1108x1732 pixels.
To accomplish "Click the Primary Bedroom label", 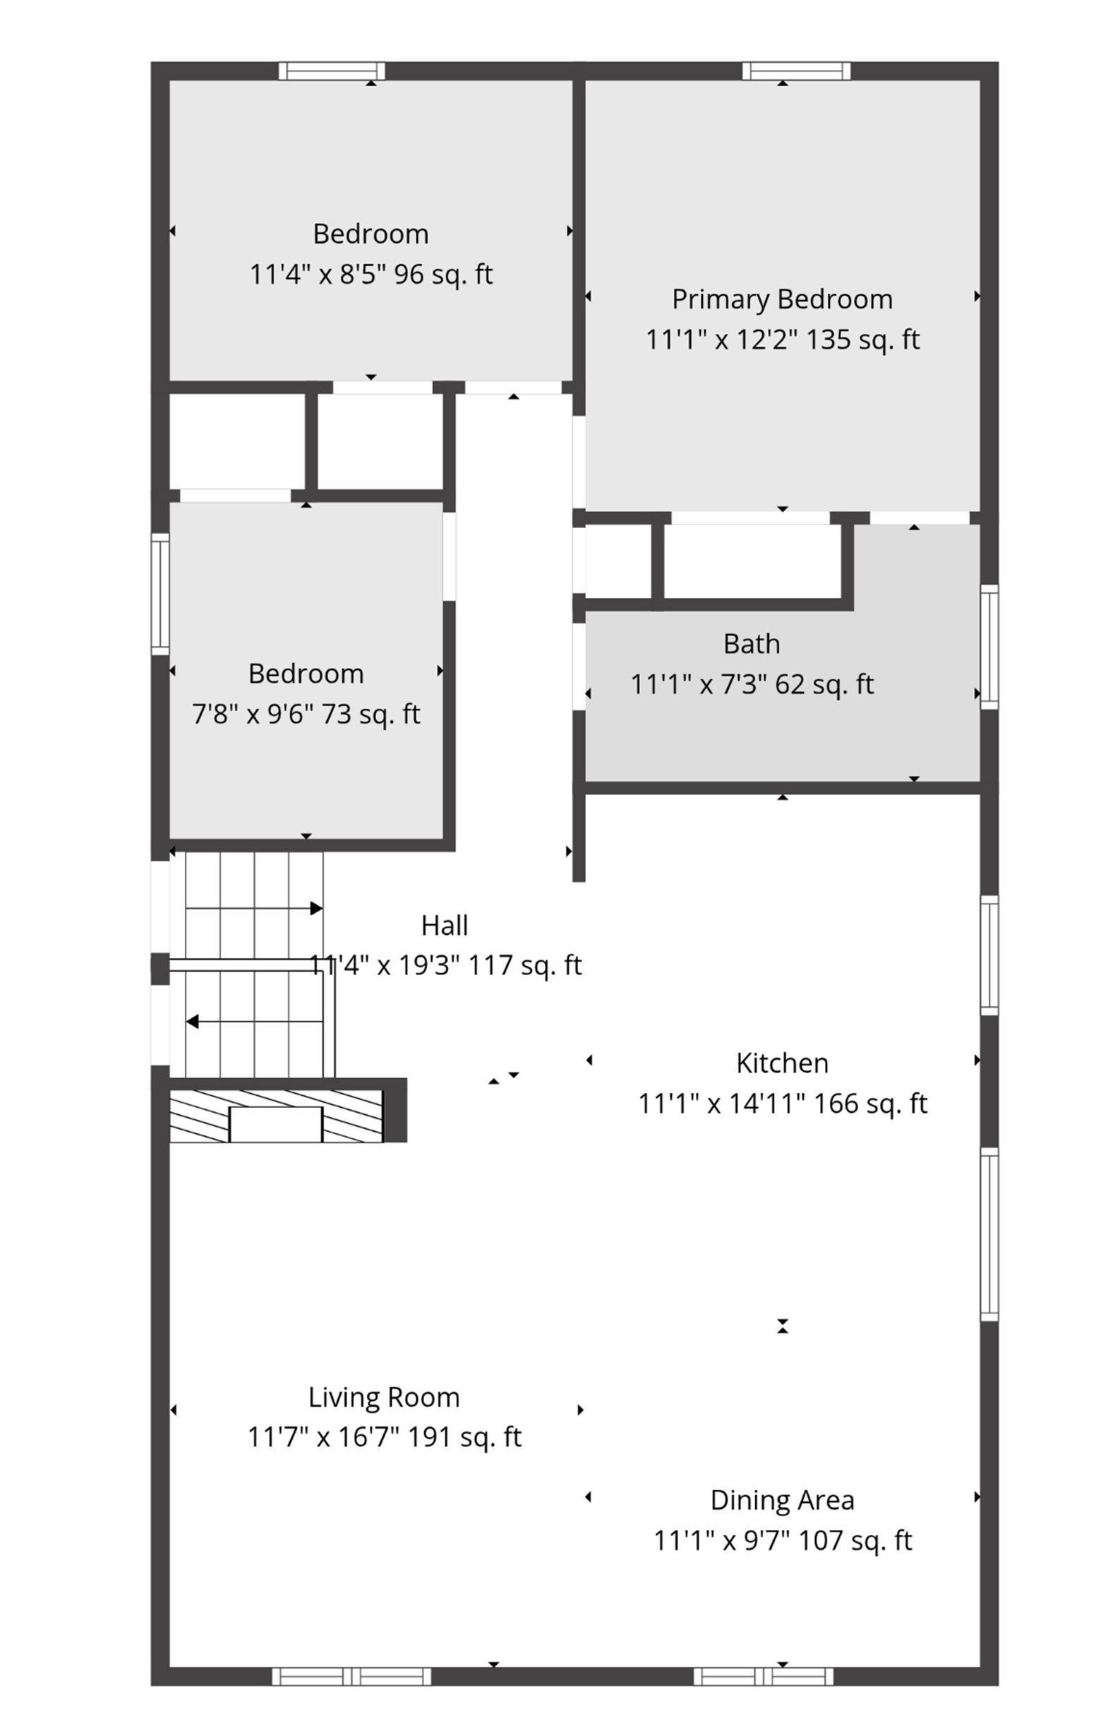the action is pyautogui.click(x=782, y=299).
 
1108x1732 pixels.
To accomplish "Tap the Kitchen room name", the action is pyautogui.click(x=782, y=1063).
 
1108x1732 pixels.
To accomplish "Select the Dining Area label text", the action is pyautogui.click(x=782, y=1501).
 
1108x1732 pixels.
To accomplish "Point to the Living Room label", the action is pyautogui.click(x=384, y=1398).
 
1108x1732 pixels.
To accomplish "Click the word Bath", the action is pyautogui.click(x=752, y=643).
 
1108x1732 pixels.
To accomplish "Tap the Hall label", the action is pyautogui.click(x=445, y=926).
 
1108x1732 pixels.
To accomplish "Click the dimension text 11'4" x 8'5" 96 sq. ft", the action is pyautogui.click(x=371, y=274).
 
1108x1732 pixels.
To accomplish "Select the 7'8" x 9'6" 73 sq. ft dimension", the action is pyautogui.click(x=306, y=714).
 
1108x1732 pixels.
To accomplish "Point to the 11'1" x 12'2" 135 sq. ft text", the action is pyautogui.click(x=782, y=340).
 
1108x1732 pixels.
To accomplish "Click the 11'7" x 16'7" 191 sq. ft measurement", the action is pyautogui.click(x=384, y=1438).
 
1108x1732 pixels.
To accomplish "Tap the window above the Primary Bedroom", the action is pyautogui.click(x=797, y=71).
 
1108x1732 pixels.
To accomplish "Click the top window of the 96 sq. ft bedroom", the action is pyautogui.click(x=332, y=71).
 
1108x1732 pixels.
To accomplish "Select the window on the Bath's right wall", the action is pyautogui.click(x=989, y=646).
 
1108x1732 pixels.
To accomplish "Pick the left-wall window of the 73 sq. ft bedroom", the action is pyautogui.click(x=159, y=594).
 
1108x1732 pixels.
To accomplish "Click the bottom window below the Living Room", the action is pyautogui.click(x=352, y=1676).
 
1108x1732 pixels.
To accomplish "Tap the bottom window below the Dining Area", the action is pyautogui.click(x=764, y=1676).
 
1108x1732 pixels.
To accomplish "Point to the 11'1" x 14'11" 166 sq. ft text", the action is pyautogui.click(x=783, y=1104).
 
